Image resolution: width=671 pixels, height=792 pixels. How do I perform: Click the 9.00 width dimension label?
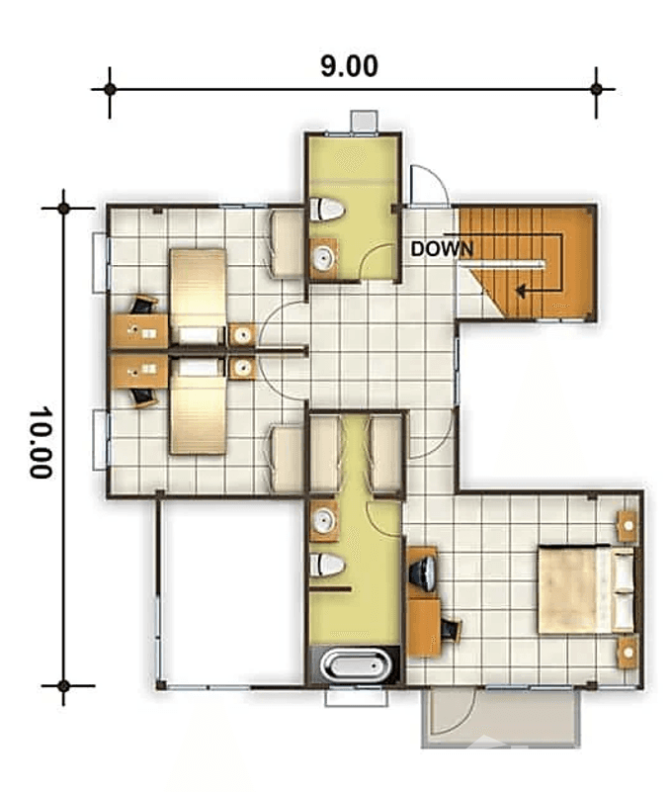click(349, 66)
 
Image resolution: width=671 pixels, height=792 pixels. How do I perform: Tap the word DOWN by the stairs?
click(442, 249)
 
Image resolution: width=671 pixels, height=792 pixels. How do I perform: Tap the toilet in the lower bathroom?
click(326, 566)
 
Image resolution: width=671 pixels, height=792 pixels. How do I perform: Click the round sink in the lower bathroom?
click(323, 521)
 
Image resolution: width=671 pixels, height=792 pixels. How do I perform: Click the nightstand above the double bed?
click(626, 525)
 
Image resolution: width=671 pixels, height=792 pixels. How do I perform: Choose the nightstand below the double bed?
click(626, 655)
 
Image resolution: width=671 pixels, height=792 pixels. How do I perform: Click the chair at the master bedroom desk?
click(453, 629)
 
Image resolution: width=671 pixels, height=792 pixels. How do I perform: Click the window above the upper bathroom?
click(363, 120)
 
